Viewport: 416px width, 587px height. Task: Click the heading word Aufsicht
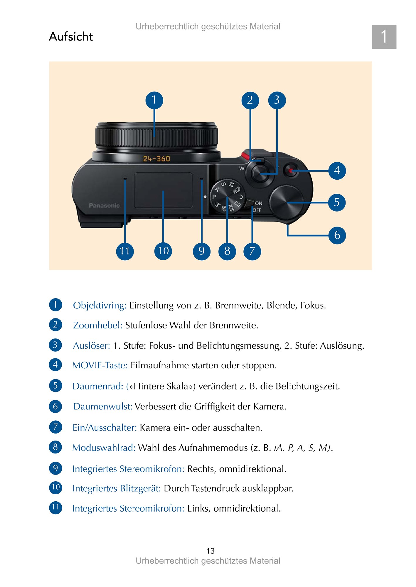(71, 37)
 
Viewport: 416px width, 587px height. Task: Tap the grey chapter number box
(384, 37)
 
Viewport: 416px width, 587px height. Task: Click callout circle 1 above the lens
(154, 100)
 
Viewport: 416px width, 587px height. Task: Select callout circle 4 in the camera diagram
(337, 171)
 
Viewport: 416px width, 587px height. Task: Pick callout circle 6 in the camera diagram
(337, 235)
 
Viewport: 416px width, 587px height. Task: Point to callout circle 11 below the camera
(125, 251)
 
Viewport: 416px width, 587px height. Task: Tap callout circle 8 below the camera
(227, 251)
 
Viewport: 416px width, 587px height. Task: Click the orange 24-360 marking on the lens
(156, 159)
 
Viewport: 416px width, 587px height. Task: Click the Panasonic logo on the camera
(104, 205)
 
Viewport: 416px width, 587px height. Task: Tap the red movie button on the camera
(291, 171)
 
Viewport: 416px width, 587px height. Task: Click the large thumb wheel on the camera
(286, 203)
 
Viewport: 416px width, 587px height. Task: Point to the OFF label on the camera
(257, 210)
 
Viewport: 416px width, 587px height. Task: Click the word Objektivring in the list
(100, 306)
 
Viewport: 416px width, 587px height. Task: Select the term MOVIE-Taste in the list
(100, 365)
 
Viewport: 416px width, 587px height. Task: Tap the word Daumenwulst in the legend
(103, 406)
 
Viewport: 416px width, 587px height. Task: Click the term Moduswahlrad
(104, 448)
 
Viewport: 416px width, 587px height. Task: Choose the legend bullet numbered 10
(55, 488)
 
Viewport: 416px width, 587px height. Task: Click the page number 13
(210, 551)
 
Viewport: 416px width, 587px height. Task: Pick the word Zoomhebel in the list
(98, 325)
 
